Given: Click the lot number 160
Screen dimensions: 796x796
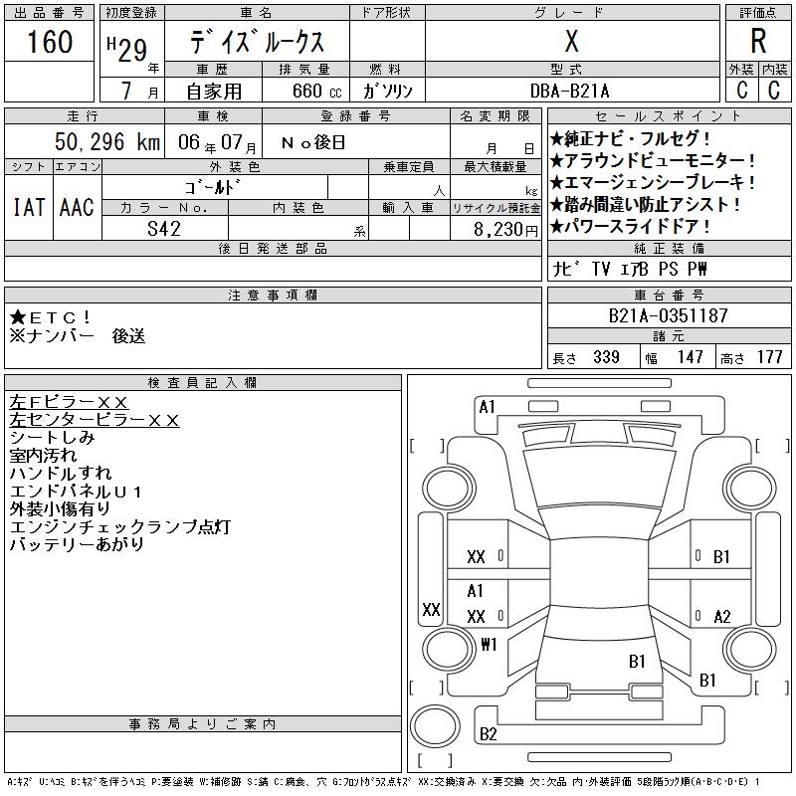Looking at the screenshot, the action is pyautogui.click(x=50, y=43).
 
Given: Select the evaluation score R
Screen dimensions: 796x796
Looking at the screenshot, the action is pyautogui.click(x=758, y=42).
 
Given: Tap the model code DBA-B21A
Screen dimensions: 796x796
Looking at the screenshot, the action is pyautogui.click(x=571, y=91).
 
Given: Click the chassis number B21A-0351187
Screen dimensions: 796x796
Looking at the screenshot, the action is pyautogui.click(x=669, y=316).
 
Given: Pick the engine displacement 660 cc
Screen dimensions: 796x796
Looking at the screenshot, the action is pyautogui.click(x=302, y=91).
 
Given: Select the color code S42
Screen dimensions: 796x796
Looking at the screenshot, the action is pyautogui.click(x=164, y=228).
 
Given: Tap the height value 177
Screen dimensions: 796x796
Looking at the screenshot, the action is pyautogui.click(x=769, y=357).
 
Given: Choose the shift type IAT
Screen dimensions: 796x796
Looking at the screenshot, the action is pyautogui.click(x=29, y=207).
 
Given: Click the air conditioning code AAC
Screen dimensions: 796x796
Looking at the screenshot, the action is pyautogui.click(x=77, y=207).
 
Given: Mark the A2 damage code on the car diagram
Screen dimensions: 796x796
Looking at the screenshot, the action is pyautogui.click(x=722, y=617).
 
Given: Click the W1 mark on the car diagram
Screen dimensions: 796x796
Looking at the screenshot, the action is pyautogui.click(x=488, y=644).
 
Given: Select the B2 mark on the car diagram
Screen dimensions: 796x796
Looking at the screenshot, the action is pyautogui.click(x=488, y=734).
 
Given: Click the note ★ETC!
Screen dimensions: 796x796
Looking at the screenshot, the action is pyautogui.click(x=52, y=317).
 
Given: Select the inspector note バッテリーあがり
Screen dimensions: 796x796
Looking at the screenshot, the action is pyautogui.click(x=77, y=545).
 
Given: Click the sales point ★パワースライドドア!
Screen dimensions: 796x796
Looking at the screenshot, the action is pyautogui.click(x=644, y=227).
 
